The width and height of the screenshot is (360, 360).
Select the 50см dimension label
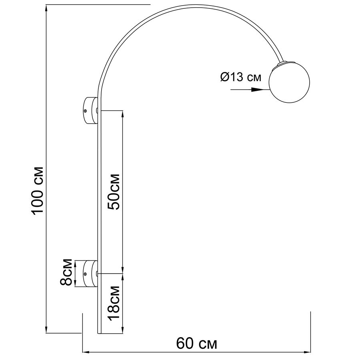coord(114,192)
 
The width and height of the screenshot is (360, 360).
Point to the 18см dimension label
coord(114,303)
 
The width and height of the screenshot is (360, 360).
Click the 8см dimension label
coord(66,272)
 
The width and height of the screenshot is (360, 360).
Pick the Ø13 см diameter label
coord(241,77)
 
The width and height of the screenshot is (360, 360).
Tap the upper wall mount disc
coord(90,111)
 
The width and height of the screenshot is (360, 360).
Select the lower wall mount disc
coord(90,274)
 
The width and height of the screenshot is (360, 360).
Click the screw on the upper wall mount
coord(86,111)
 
